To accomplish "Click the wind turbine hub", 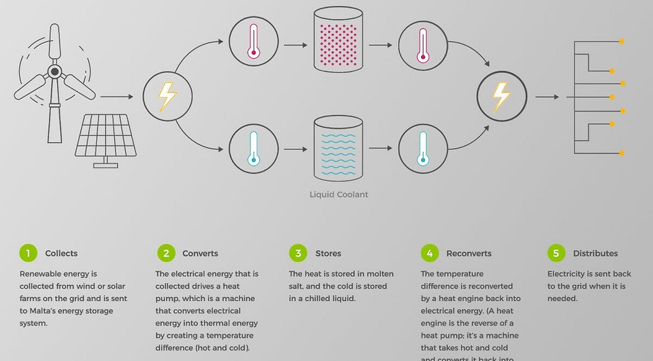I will click(55, 70).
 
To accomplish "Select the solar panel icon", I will click(104, 140).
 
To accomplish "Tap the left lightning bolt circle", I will click(167, 97).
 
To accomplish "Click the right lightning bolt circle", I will click(501, 97).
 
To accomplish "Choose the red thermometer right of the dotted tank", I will click(422, 45).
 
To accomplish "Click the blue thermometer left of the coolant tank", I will click(254, 148).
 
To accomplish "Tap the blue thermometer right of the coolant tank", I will click(422, 148).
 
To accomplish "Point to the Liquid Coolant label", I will click(339, 194).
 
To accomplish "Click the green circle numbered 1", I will click(28, 253).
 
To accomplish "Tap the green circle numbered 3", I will click(298, 253).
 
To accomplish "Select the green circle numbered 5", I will click(556, 253).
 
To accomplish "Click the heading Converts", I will click(200, 253).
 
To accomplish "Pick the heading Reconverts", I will click(469, 253).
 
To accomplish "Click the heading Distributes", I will click(595, 253).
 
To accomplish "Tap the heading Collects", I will click(61, 253).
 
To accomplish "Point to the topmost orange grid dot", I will click(622, 42).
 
